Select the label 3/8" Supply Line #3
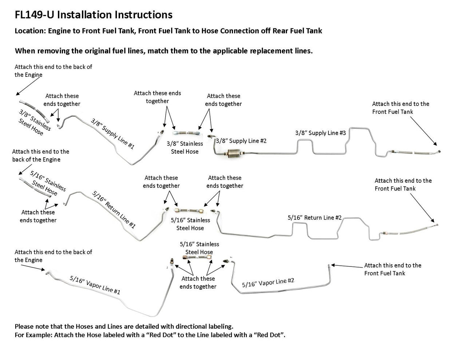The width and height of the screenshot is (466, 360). point(320,133)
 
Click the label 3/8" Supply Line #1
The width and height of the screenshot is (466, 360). point(112,134)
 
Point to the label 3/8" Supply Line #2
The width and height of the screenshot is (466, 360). point(241,141)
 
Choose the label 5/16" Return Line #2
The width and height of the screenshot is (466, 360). point(315,217)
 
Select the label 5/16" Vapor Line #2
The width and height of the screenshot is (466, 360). point(268,282)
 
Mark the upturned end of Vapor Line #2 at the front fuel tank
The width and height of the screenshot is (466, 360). point(329,266)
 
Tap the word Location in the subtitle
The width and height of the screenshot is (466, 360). point(29,31)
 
